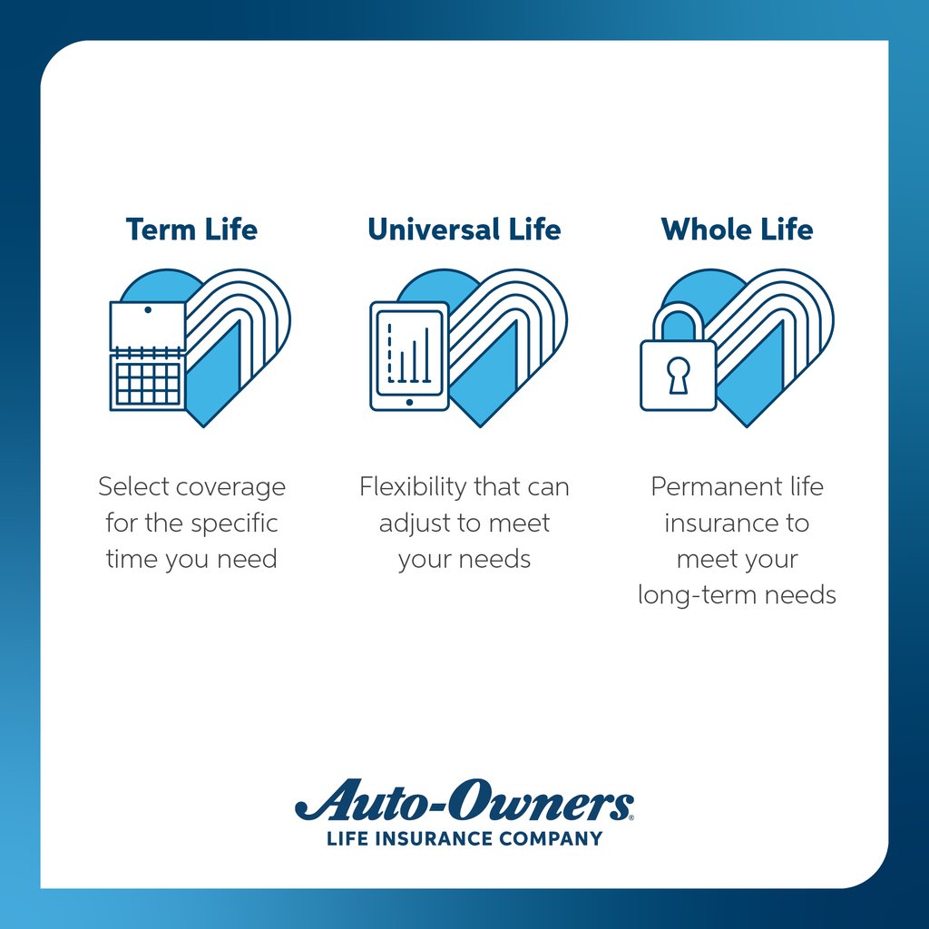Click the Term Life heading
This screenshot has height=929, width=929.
click(x=191, y=229)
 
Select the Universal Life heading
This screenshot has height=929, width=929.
click(x=464, y=229)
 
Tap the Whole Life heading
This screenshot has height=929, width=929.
click(x=737, y=229)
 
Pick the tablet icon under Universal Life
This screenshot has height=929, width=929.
click(x=409, y=356)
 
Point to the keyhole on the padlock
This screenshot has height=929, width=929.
click(x=678, y=375)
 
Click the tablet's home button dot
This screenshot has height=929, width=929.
click(x=409, y=401)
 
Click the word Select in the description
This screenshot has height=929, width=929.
click(x=133, y=487)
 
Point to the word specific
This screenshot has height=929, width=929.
click(x=234, y=523)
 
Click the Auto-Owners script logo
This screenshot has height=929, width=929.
click(x=464, y=802)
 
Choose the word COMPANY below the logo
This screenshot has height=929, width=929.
click(x=557, y=838)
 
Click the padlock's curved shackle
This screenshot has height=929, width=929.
click(x=678, y=318)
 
